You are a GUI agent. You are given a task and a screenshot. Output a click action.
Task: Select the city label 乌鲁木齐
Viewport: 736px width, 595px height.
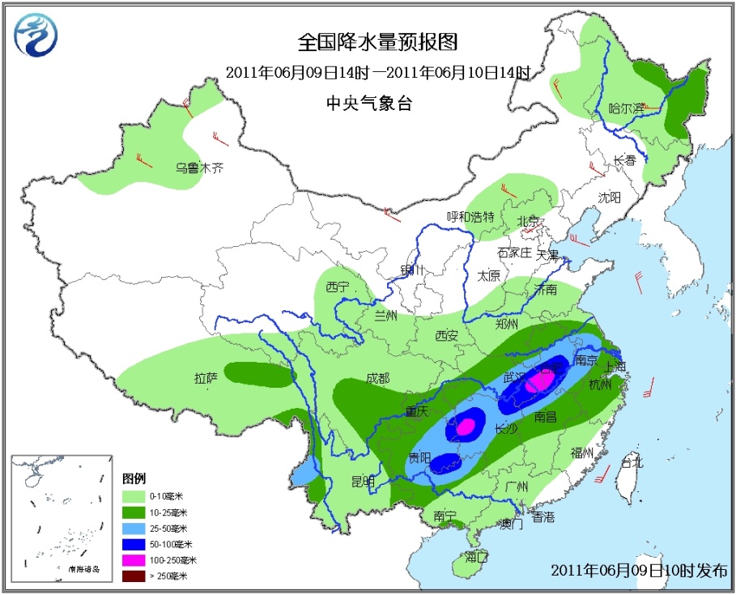tap(199, 168)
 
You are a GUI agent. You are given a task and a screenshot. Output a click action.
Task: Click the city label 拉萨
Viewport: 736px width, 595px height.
tap(206, 377)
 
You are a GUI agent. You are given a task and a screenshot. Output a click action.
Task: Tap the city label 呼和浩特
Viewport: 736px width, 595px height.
tap(470, 216)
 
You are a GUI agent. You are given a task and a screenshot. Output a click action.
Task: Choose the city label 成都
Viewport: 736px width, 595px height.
tap(377, 378)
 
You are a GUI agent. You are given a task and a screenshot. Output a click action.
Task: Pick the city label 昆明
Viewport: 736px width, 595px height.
tap(363, 481)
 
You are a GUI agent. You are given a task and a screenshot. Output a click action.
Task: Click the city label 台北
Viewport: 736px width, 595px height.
tap(631, 462)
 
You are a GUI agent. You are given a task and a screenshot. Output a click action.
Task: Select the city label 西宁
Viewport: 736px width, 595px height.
tap(338, 287)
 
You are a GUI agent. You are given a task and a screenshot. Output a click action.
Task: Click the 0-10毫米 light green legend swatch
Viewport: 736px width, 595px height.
tap(134, 495)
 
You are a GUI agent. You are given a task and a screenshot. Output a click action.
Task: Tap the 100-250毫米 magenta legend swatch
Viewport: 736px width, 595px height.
tap(134, 559)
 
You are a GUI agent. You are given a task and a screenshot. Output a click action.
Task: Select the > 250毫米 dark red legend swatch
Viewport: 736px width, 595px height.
tap(134, 576)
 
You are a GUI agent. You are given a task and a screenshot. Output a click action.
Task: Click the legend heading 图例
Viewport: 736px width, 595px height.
tap(133, 478)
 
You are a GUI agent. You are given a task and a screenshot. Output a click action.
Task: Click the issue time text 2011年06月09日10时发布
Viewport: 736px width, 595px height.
tap(639, 569)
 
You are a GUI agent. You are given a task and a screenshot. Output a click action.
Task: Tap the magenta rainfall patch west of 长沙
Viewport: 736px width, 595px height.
tap(465, 426)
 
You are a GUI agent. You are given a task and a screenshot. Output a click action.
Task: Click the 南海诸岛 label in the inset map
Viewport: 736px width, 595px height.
tap(83, 570)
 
